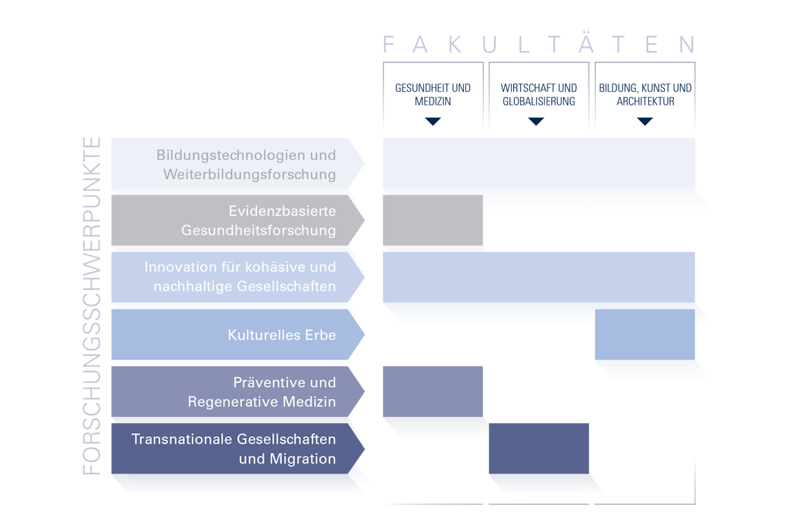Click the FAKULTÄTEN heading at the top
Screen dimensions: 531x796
click(x=539, y=45)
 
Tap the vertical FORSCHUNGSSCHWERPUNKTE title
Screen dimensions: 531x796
click(x=92, y=306)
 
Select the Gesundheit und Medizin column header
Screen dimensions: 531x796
click(x=433, y=94)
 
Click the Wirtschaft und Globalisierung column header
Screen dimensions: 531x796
click(x=538, y=94)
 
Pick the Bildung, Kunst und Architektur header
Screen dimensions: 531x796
click(x=645, y=94)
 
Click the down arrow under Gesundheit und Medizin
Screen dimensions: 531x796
click(x=433, y=119)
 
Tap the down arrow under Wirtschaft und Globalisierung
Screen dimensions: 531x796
click(x=537, y=120)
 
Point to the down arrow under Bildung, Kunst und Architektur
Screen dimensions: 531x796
click(x=645, y=120)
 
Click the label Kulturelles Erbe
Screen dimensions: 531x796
click(x=281, y=335)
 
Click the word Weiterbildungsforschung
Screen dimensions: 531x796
click(x=249, y=174)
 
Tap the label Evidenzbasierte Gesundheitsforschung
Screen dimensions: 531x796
click(x=258, y=221)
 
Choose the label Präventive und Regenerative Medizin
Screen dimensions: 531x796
click(x=262, y=392)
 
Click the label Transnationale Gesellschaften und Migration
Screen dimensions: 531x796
click(x=233, y=449)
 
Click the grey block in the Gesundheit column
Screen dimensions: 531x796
click(x=433, y=222)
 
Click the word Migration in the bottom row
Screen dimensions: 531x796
click(x=298, y=459)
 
